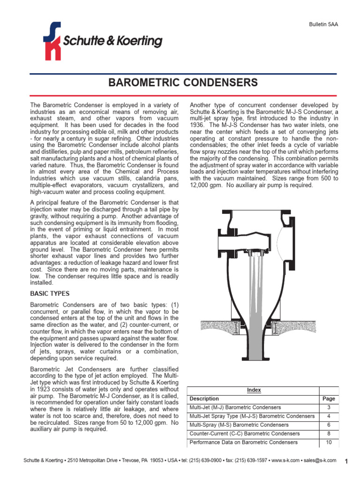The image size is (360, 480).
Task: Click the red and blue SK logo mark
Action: tap(52, 41)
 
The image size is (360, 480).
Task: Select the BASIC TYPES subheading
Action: tap(50, 294)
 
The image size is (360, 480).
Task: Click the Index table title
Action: tap(254, 390)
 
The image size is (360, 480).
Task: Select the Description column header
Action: tap(204, 399)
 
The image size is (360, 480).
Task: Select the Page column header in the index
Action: tap(329, 399)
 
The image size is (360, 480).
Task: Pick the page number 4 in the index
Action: tap(329, 416)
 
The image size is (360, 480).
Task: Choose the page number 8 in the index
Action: tap(329, 434)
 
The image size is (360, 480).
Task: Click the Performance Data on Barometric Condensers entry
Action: tap(243, 442)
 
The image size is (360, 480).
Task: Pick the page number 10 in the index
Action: tap(329, 442)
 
